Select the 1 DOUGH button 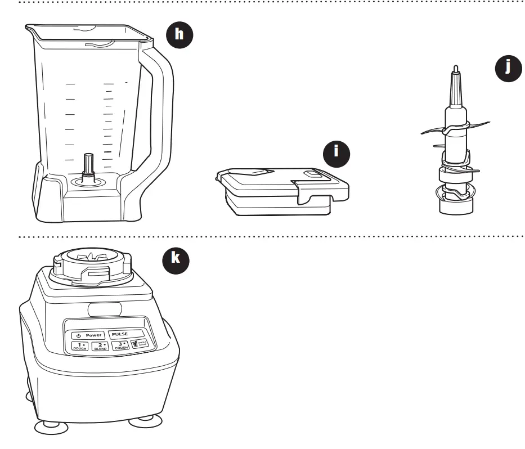(x=80, y=346)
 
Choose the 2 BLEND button (x=100, y=345)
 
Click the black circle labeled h (x=180, y=34)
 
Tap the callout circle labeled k (x=176, y=258)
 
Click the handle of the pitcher (x=164, y=113)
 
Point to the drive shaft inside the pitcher (x=88, y=165)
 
